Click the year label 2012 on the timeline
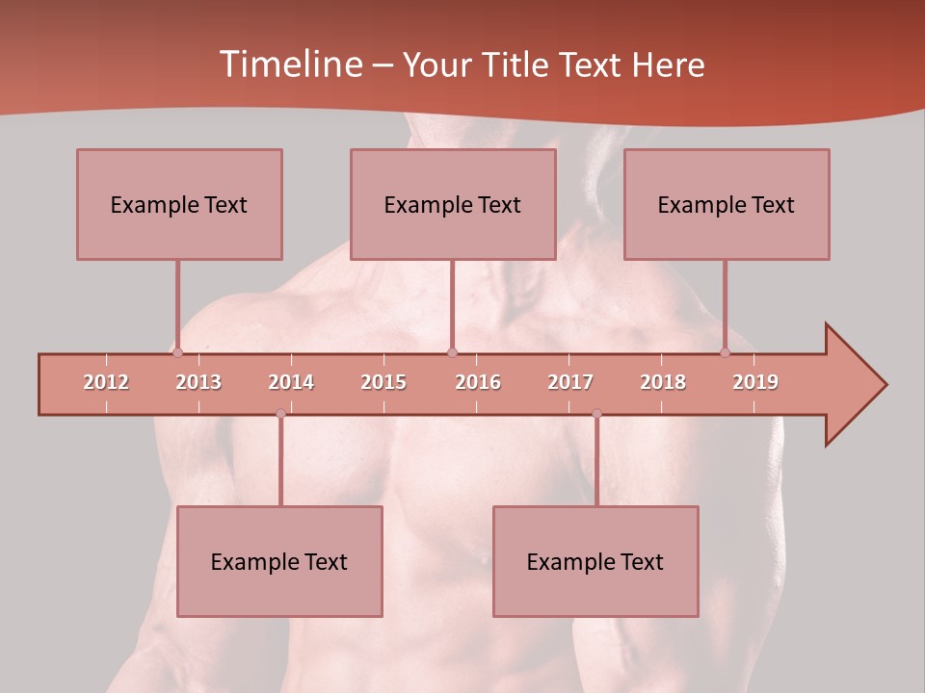106,382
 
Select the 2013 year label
198,382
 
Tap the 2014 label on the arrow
291,382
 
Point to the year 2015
383,382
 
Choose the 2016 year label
478,382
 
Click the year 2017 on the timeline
570,382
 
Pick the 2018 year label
663,382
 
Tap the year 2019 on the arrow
755,382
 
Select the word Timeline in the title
289,64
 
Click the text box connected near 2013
179,204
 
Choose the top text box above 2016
453,204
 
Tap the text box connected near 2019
727,204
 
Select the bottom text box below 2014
279,561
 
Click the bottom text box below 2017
595,561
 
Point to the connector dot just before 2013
177,352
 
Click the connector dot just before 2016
453,352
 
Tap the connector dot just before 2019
726,352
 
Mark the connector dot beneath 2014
280,414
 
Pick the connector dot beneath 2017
596,414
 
